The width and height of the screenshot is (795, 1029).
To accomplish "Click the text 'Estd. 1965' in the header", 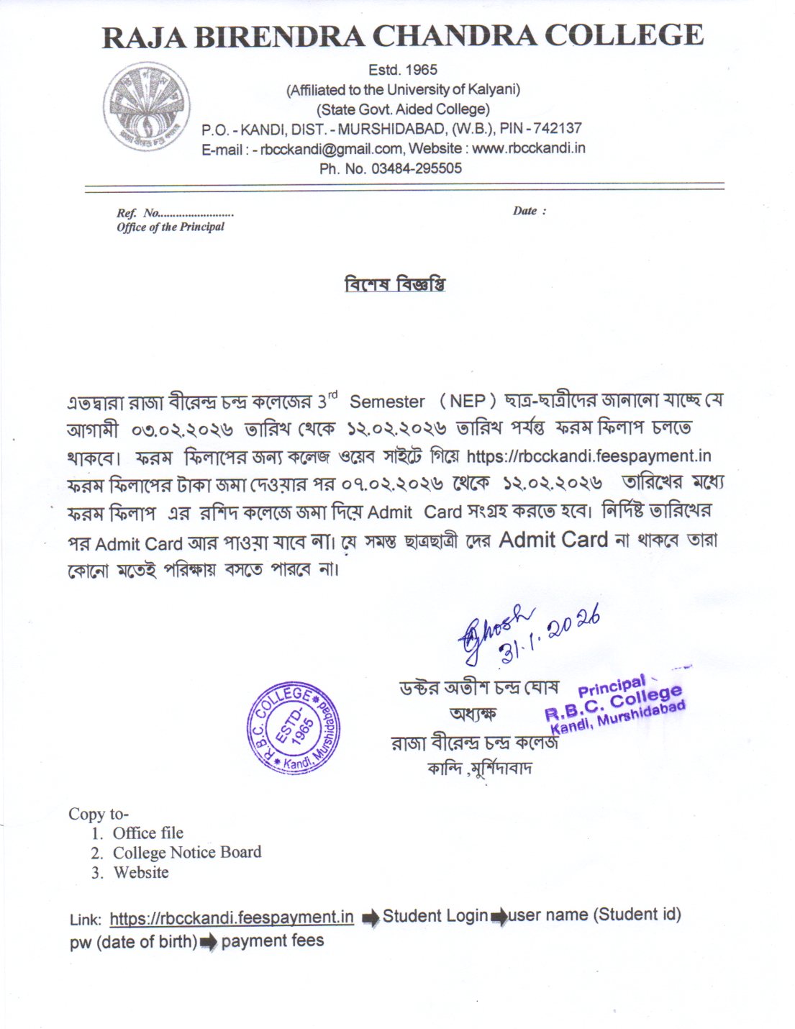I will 403,70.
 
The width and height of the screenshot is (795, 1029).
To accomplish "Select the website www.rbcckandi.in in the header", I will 528,148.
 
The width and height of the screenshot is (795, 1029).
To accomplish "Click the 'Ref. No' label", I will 138,213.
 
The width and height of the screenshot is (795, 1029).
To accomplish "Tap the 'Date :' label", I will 529,211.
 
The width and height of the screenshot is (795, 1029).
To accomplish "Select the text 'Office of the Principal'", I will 171,227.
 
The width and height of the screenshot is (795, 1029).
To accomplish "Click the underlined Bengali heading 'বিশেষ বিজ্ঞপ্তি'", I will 396,284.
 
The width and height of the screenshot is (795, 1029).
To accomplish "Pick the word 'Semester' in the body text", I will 387,402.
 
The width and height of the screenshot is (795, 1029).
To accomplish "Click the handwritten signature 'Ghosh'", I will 498,625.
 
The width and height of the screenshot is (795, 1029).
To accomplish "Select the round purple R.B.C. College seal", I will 294,727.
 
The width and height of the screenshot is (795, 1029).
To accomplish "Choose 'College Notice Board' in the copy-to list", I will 187,853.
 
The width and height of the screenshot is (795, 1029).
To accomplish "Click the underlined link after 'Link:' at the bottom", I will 232,917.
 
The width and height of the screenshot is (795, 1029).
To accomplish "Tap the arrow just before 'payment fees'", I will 209,943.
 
